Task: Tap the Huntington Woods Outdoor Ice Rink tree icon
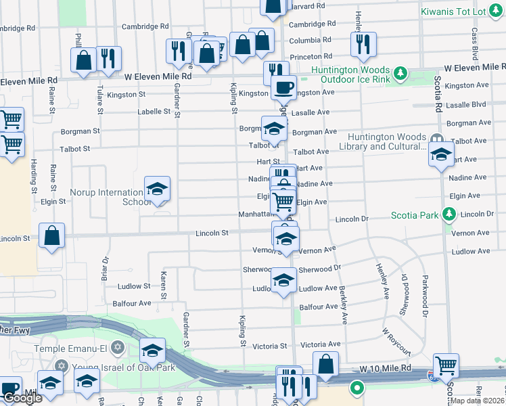coord(400,72)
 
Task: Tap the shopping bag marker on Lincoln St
coord(52,236)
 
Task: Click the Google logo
coord(22,397)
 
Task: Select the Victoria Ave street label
coord(321,344)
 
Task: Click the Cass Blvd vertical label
coord(475,41)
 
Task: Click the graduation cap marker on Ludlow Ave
coord(283,280)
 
